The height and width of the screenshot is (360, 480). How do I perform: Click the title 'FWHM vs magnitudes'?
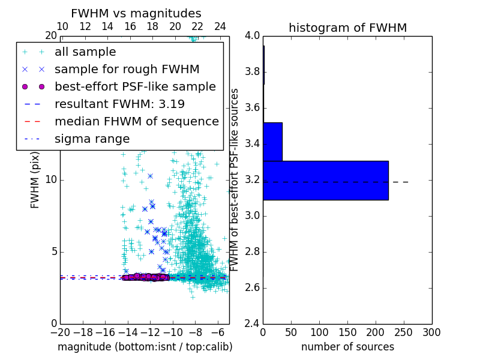tap(136, 13)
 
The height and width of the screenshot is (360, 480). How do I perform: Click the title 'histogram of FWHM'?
tap(347, 28)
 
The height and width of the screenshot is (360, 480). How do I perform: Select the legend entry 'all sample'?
tap(85, 52)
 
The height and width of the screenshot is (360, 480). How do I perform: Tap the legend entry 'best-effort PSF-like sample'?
tap(135, 86)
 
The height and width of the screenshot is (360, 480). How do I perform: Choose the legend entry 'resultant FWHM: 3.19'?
tap(119, 104)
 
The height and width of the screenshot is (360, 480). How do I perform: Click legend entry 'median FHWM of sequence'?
tap(136, 121)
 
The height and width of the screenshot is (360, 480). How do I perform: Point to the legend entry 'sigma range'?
tap(92, 139)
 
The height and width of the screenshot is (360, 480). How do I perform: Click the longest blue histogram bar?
tap(325, 180)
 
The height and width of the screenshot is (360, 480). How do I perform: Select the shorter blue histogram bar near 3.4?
tap(272, 142)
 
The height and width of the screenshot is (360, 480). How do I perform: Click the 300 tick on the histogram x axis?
tap(431, 332)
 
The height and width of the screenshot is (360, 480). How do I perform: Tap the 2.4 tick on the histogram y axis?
tap(253, 323)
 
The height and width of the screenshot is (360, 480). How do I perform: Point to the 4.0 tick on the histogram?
tap(253, 35)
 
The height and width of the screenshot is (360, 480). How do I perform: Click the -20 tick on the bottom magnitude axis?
tap(60, 332)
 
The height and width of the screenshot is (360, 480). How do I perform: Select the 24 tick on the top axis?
tap(220, 26)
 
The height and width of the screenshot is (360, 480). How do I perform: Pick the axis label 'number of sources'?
tap(347, 347)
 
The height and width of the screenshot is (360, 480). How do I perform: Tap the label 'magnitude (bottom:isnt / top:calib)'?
tap(145, 347)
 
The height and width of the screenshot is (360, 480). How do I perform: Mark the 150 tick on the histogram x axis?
tap(347, 332)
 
